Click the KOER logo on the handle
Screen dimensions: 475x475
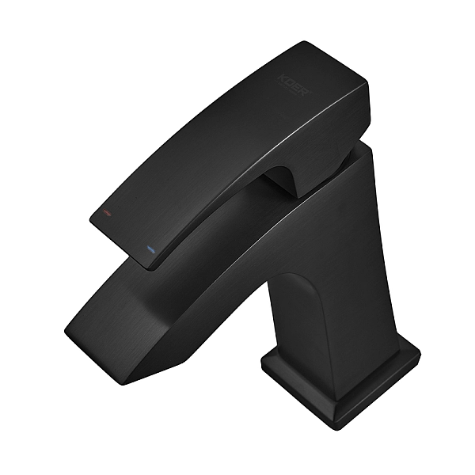pos(294,82)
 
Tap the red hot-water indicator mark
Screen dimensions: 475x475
pos(101,215)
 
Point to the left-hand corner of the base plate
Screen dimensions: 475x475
pos(264,366)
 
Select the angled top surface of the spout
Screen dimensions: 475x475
pos(198,261)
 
